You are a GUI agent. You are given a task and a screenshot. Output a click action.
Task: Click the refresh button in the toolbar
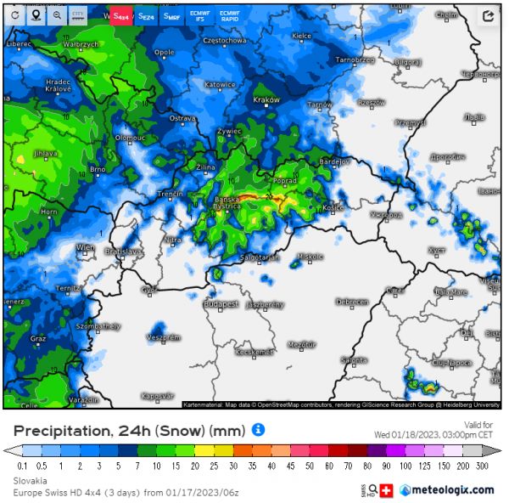[15, 15]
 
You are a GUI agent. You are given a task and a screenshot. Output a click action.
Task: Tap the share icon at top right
[488, 15]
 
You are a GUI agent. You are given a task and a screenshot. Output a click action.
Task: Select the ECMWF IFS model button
[200, 15]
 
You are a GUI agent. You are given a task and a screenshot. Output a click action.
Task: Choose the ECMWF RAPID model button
[229, 15]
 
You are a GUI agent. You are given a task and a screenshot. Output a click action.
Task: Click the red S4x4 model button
[122, 15]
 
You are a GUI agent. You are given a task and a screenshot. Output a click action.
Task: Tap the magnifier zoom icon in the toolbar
[57, 15]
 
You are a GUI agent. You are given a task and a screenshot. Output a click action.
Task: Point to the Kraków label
[266, 100]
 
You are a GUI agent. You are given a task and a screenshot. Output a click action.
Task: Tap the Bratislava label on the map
[123, 252]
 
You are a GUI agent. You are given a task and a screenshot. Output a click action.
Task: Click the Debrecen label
[351, 302]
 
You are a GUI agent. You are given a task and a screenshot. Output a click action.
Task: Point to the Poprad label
[286, 181]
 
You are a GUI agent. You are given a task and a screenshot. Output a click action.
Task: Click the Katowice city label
[220, 85]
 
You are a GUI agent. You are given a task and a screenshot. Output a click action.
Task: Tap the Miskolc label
[310, 256]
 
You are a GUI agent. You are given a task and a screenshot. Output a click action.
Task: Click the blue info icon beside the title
[259, 430]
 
